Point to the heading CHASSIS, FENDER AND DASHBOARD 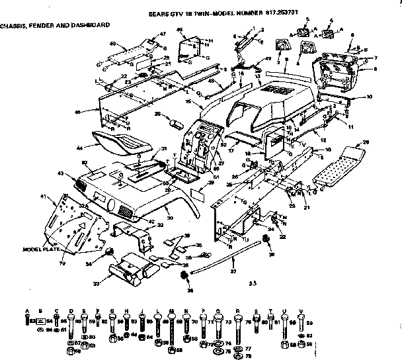55,24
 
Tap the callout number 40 113,44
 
